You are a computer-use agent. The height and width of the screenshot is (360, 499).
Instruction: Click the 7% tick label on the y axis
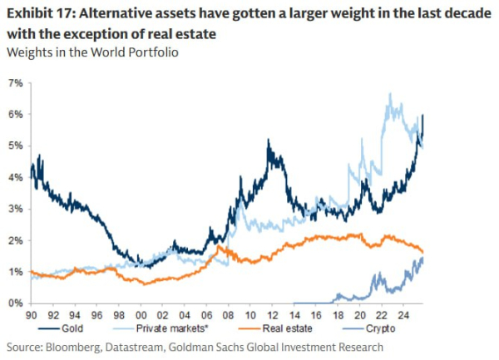[x=15, y=83]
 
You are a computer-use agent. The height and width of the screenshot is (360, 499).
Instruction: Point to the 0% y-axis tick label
[x=15, y=303]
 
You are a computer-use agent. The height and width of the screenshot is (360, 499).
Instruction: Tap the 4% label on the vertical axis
[x=15, y=177]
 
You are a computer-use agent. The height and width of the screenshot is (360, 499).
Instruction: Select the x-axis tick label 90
[x=31, y=315]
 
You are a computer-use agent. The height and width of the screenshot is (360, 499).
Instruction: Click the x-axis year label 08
[x=228, y=315]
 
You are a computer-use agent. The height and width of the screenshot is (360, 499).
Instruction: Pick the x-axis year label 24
[x=403, y=315]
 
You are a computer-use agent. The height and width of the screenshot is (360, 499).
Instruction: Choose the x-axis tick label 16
[x=316, y=315]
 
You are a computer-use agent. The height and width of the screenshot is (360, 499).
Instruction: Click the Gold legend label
[x=72, y=328]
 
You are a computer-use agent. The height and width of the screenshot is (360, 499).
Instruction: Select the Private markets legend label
[x=172, y=328]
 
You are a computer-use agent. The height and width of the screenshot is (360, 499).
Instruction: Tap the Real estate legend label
[x=287, y=328]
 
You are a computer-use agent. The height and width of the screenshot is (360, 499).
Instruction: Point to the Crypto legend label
[x=380, y=328]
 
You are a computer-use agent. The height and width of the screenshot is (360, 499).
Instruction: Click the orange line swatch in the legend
[x=249, y=328]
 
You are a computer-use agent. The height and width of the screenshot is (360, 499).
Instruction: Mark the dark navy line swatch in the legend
[x=49, y=328]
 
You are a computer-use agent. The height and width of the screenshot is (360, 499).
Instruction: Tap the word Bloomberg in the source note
[x=72, y=347]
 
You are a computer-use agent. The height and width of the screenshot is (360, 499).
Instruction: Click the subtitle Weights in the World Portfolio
[x=92, y=52]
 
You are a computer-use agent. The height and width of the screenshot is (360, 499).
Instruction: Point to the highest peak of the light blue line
[x=390, y=93]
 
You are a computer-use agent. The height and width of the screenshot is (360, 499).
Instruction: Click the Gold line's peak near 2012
[x=269, y=139]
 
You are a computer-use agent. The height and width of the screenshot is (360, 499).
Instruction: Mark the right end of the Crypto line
[x=422, y=259]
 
